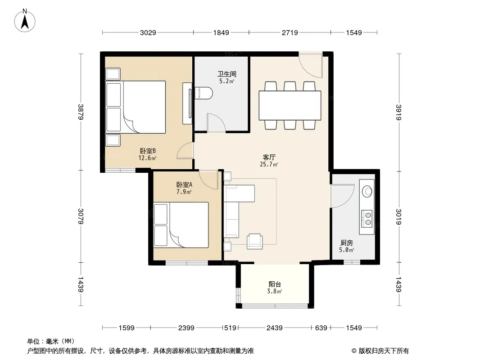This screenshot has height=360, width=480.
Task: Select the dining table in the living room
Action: pos(290,105)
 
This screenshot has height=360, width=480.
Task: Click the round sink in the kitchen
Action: pos(367,191)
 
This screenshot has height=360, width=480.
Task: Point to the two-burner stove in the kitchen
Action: pos(367,218)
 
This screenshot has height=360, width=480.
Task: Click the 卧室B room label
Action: pos(148,151)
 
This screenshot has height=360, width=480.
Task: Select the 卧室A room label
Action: pos(184,185)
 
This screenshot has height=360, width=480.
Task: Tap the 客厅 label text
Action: pos(269,157)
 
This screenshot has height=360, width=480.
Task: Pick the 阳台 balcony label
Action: pos(275,284)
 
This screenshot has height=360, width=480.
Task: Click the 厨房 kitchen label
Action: pos(347,243)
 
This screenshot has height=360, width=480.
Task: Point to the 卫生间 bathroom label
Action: pos(227,74)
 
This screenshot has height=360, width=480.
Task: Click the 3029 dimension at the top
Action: pos(148,32)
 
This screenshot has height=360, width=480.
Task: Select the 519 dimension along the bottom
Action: pos(230,328)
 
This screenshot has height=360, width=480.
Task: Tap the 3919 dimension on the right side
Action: pos(398,112)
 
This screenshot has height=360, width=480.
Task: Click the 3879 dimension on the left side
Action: pos(81,112)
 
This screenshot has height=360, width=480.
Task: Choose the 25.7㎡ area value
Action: pos(269,165)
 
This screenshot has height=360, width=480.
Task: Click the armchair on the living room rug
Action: pos(255,241)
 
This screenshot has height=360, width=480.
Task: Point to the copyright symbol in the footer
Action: pos(354,351)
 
